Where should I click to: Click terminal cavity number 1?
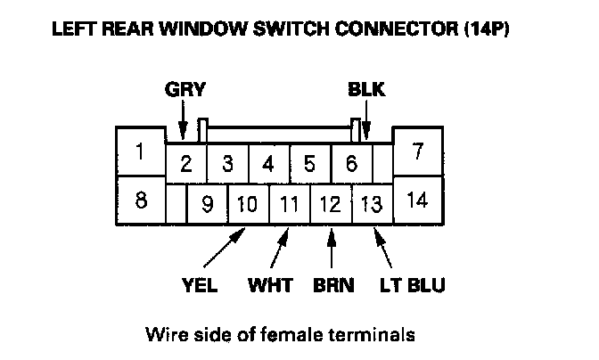[139, 152]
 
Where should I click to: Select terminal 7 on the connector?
[417, 152]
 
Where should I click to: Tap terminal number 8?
[140, 200]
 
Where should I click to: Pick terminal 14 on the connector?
[417, 200]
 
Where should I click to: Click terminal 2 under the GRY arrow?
[186, 163]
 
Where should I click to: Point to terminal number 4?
[268, 163]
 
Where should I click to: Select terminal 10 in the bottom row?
[248, 205]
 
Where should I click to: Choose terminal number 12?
[330, 205]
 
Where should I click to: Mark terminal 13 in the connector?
[372, 205]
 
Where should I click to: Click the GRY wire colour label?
[185, 89]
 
